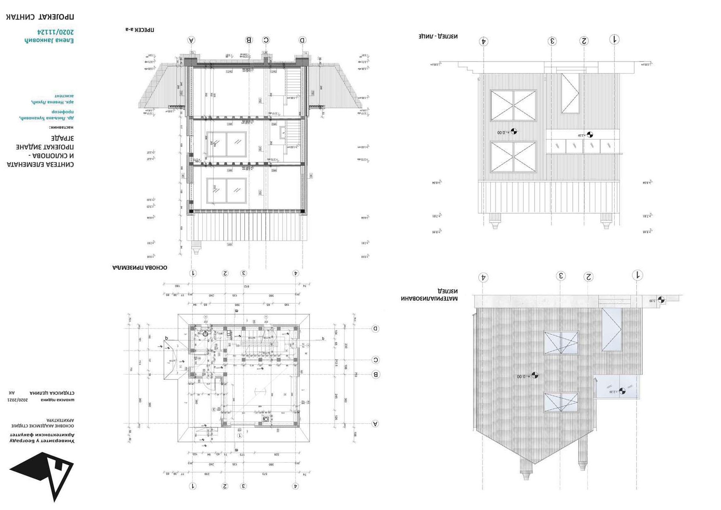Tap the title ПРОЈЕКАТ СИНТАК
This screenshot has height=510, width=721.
click(x=40, y=17)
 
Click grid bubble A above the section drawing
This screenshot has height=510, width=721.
click(x=191, y=40)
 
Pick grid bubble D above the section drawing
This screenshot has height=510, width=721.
click(x=302, y=40)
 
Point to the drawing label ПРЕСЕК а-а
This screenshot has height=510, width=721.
click(x=140, y=30)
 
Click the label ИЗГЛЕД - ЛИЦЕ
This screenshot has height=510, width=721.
click(x=438, y=36)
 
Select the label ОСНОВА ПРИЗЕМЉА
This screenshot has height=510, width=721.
click(x=140, y=268)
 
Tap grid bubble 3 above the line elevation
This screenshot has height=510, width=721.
click(x=553, y=41)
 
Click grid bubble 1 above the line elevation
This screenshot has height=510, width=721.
click(x=615, y=39)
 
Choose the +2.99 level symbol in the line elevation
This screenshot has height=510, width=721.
click(x=590, y=135)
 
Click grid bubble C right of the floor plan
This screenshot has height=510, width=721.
click(x=375, y=360)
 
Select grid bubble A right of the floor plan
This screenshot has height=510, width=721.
click(x=375, y=424)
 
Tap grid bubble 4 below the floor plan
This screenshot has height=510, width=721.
click(x=296, y=486)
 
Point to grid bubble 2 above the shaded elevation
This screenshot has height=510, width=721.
click(x=589, y=277)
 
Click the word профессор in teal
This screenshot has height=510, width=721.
click(x=62, y=112)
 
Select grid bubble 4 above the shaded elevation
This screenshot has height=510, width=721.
click(x=483, y=278)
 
